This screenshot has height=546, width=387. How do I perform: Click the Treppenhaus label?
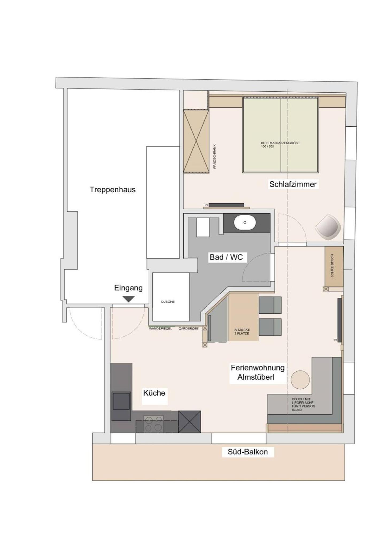coord(113,190)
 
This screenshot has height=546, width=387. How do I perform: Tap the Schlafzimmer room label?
coord(293,184)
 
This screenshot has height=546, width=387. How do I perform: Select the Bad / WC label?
coord(226,257)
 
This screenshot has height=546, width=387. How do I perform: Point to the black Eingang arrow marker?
coord(129,299)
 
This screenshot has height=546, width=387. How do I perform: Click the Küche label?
coord(154,393)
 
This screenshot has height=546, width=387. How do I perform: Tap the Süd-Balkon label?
coord(248,452)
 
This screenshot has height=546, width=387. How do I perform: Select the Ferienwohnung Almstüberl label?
coord(258,372)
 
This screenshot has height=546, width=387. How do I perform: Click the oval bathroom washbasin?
coord(245,222)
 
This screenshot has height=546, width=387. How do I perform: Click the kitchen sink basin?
coord(121,401)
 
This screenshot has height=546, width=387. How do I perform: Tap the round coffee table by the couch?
coord(300,380)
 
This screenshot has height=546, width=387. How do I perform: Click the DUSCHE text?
coord(168,302)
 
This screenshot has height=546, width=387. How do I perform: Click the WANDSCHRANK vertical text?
coord(215,157)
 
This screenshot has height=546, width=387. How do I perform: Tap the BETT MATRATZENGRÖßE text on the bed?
coord(280,145)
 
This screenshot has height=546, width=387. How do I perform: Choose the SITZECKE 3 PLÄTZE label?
coord(242,332)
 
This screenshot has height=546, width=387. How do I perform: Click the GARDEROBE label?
coord(188,329)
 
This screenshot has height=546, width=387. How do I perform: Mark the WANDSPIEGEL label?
coord(160,329)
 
